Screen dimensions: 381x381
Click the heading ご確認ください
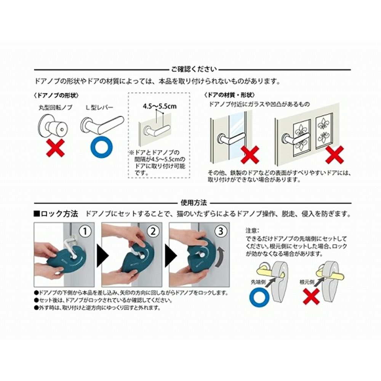pos(194,69)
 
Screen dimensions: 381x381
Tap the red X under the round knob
pos(56,148)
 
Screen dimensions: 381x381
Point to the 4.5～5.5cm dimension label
pos(160,106)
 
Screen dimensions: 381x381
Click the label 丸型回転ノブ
pos(56,107)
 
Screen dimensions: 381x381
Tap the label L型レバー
pos(100,107)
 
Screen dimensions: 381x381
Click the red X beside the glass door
pos(250,155)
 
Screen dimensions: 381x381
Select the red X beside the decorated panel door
pos(335,155)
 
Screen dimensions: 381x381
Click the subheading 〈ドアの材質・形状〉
pos(230,95)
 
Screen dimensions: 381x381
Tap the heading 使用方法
pos(194,203)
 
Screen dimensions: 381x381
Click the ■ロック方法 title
pos(56,214)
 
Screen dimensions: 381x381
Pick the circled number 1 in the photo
pos(85,231)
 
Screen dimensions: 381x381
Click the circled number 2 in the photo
pos(153,231)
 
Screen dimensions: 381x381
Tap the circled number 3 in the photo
pos(221,231)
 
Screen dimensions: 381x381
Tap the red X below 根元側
pos(311,296)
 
